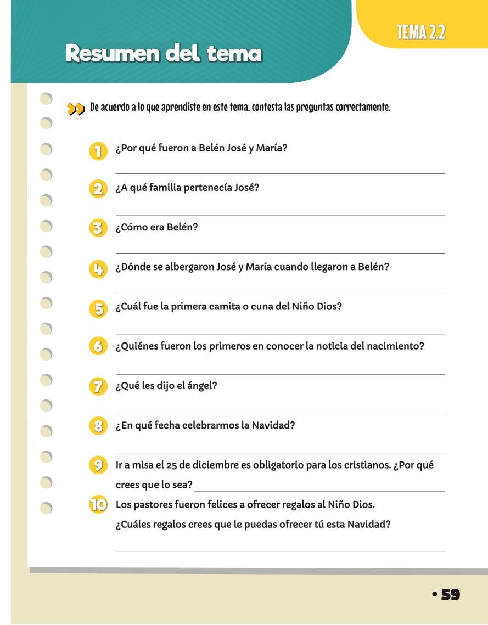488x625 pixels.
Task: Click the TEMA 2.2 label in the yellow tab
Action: tap(421, 33)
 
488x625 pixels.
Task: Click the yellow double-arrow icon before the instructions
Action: tap(76, 109)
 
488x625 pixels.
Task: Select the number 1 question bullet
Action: tap(98, 151)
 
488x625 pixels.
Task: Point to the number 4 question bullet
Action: tap(98, 269)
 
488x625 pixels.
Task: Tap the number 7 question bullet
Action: tap(98, 386)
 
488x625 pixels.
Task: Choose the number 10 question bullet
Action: tap(98, 505)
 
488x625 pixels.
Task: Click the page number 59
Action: tap(450, 594)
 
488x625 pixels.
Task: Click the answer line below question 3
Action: tap(280, 253)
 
